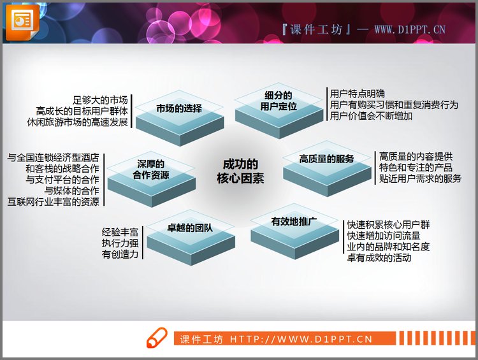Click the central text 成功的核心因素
[240, 171]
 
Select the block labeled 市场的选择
[179, 109]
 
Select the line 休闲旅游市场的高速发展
[78, 121]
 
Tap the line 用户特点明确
[358, 93]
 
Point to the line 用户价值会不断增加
[372, 116]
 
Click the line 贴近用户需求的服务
[420, 178]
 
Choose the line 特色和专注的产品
[416, 167]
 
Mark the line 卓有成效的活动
[379, 258]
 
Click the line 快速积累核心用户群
[389, 224]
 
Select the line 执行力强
[120, 243]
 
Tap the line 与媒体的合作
[71, 191]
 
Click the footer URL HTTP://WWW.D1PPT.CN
[301, 340]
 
